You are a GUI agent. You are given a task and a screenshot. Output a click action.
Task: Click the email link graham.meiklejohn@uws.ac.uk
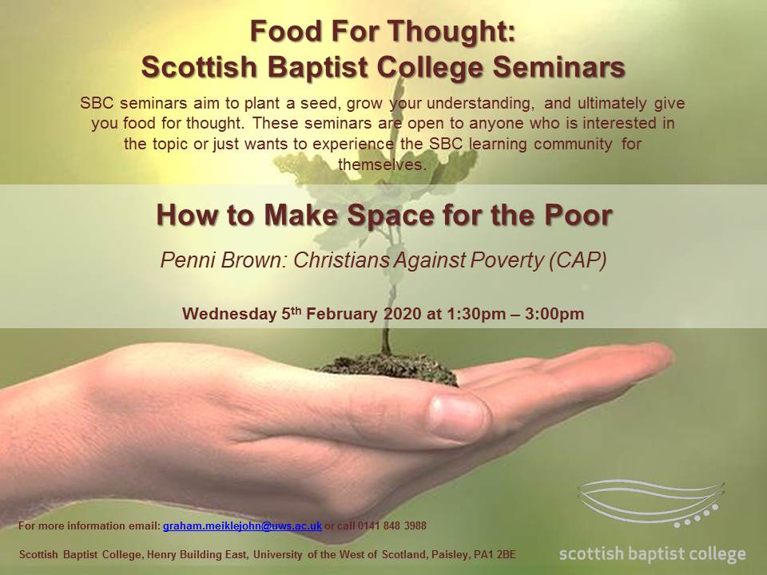click(242, 526)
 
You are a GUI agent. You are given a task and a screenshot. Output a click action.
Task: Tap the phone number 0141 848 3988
click(391, 525)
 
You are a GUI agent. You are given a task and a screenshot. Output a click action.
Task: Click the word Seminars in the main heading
click(558, 66)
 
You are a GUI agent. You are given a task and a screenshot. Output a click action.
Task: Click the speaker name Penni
click(189, 260)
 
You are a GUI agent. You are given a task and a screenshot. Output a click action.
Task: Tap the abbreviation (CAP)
click(578, 260)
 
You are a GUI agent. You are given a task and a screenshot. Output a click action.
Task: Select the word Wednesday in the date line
click(229, 313)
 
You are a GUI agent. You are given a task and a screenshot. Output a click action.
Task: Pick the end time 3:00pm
click(554, 313)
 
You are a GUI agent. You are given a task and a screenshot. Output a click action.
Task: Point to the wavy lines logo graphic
click(650, 504)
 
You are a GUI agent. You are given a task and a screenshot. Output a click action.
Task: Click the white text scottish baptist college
click(652, 554)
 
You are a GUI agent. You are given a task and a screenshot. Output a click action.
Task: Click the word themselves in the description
click(383, 165)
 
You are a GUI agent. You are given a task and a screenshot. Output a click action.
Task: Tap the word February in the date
click(342, 313)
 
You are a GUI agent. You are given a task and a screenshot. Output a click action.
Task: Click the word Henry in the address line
click(161, 554)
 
